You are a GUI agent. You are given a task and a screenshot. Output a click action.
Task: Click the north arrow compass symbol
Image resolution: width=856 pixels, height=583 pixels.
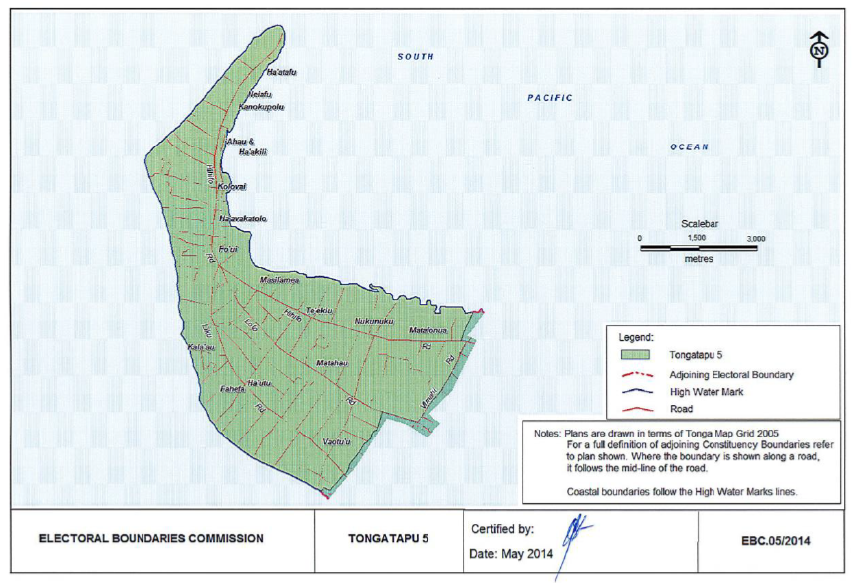click(x=818, y=48)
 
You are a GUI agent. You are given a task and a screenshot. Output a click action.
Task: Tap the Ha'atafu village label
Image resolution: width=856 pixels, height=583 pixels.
click(x=282, y=73)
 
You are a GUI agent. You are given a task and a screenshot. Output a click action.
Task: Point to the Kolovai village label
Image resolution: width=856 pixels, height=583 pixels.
click(x=231, y=186)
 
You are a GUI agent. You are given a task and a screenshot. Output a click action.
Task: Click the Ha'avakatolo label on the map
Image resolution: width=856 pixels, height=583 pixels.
click(x=242, y=218)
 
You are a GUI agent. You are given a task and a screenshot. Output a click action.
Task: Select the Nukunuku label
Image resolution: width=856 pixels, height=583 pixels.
click(x=375, y=322)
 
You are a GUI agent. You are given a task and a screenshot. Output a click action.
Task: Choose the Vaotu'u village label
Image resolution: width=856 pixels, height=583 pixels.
click(x=338, y=440)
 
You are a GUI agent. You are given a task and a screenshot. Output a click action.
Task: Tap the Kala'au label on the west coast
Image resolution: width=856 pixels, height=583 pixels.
click(x=201, y=347)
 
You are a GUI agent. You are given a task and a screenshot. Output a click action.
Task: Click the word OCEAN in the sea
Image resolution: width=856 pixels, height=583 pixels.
click(x=689, y=147)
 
